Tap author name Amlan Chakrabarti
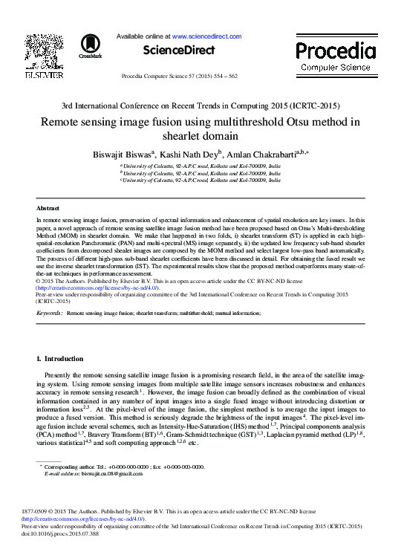pos(261,154)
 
